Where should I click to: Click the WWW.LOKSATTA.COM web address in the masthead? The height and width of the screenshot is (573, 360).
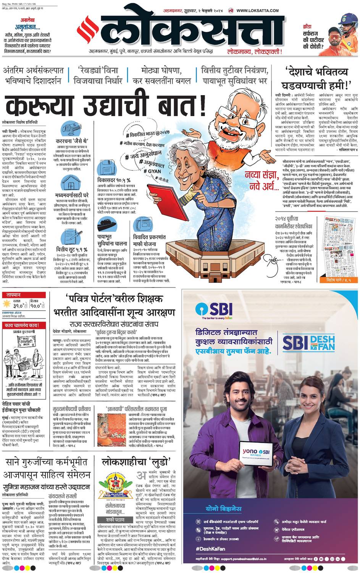257,11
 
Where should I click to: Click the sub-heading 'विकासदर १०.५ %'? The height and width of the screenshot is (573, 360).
114,180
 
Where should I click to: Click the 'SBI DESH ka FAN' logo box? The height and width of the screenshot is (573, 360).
309,343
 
